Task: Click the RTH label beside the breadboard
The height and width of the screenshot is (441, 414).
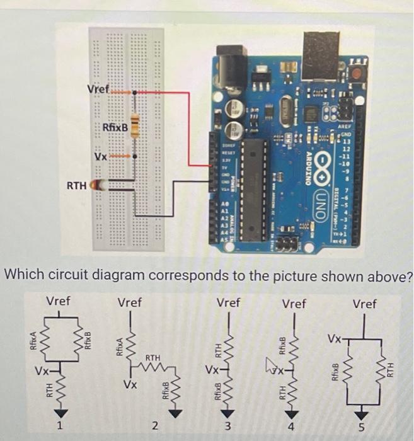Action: click(77, 186)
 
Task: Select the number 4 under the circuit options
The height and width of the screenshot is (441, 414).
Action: click(290, 428)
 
